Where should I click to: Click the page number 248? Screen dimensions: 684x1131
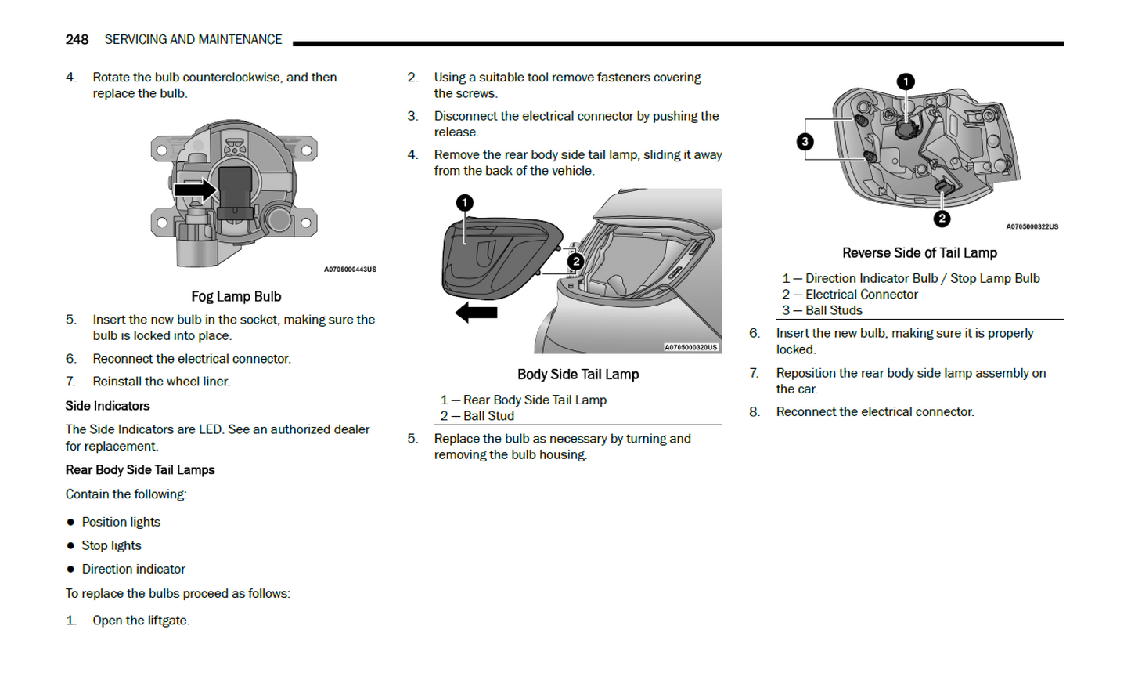(x=77, y=40)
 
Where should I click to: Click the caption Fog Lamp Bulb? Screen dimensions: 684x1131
(x=236, y=297)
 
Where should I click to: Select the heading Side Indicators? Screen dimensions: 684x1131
(x=107, y=406)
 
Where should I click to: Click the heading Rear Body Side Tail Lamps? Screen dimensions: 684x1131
(x=140, y=470)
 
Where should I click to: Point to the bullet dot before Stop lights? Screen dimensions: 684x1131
(x=70, y=546)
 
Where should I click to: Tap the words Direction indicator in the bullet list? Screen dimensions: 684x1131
(x=133, y=570)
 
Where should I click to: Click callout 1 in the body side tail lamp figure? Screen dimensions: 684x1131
(x=465, y=203)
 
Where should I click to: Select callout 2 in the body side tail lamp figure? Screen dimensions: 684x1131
(x=576, y=262)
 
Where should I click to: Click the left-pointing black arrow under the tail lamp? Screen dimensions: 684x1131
(x=476, y=313)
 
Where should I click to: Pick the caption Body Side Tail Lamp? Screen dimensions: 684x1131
(x=578, y=375)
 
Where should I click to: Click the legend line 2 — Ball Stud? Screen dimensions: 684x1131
(x=477, y=416)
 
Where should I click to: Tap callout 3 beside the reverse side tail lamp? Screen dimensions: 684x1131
(x=805, y=142)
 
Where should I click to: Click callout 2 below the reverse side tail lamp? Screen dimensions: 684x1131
(x=942, y=219)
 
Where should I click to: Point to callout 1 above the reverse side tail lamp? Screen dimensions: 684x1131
(x=906, y=82)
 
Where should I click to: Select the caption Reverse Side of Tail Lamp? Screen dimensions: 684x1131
(x=920, y=253)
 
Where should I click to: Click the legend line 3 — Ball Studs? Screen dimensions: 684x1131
(x=822, y=310)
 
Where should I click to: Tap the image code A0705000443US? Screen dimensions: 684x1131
(x=350, y=270)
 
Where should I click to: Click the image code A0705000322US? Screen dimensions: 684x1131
(x=1032, y=227)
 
